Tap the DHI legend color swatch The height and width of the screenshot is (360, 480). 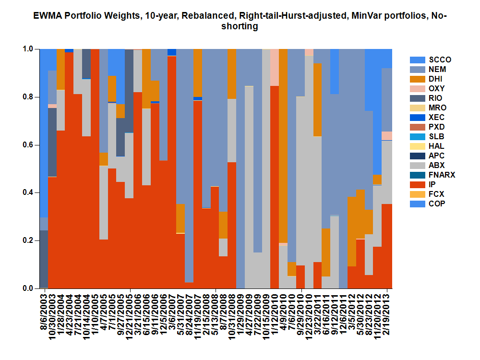(416, 79)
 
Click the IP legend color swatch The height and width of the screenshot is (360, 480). (416, 185)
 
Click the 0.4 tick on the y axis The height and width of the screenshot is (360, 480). (30, 192)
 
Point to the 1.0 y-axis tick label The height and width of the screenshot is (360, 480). (30, 49)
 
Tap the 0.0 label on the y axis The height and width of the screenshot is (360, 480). (30, 288)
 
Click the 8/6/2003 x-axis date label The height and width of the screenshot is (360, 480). (44, 312)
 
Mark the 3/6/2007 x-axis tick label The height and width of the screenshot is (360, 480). (171, 312)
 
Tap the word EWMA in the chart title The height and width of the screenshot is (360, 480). (45, 16)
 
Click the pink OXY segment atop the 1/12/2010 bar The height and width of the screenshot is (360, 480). (275, 67)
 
